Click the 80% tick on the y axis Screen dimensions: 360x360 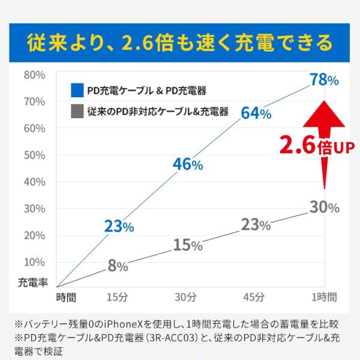[34, 75]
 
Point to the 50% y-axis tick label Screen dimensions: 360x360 [34, 155]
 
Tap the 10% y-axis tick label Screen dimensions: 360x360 [34, 262]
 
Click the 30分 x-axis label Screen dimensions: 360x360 [186, 296]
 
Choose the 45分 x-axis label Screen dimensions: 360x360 [254, 296]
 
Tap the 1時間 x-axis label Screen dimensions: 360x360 [323, 296]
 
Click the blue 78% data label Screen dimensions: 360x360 [323, 79]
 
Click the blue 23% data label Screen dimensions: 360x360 [119, 226]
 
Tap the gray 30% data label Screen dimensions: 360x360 [325, 208]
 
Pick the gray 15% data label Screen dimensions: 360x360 [187, 245]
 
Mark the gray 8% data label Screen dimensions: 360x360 [118, 266]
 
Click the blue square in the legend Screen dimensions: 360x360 [76, 90]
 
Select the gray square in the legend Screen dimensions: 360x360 [76, 111]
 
